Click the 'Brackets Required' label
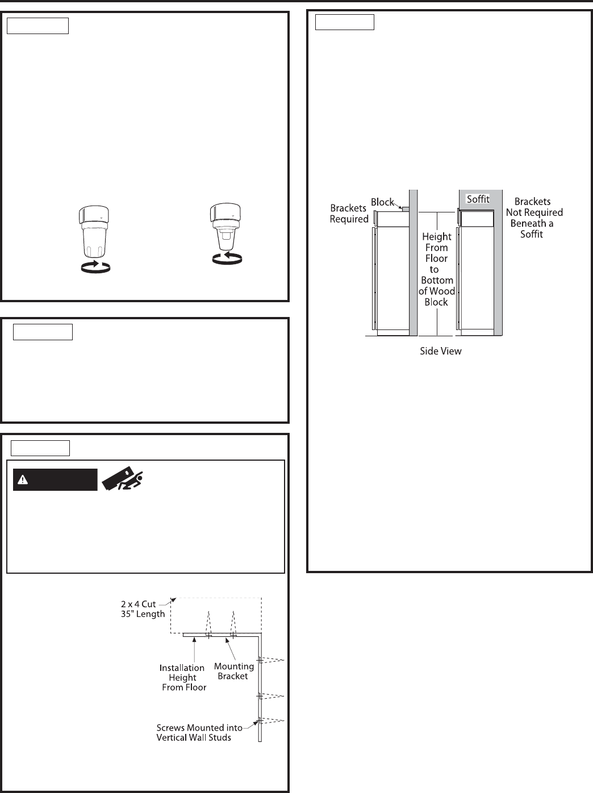point(349,214)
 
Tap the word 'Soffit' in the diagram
point(478,199)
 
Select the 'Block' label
point(383,202)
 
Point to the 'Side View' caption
point(440,351)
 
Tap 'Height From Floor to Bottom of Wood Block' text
point(436,269)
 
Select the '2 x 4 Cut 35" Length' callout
point(142,609)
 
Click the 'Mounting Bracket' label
point(233,671)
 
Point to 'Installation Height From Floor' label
point(183,678)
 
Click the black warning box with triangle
point(55,480)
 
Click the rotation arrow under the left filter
point(95,266)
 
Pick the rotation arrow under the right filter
point(226,258)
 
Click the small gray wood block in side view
point(406,209)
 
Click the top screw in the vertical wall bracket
point(259,660)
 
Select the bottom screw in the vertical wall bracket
point(259,720)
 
